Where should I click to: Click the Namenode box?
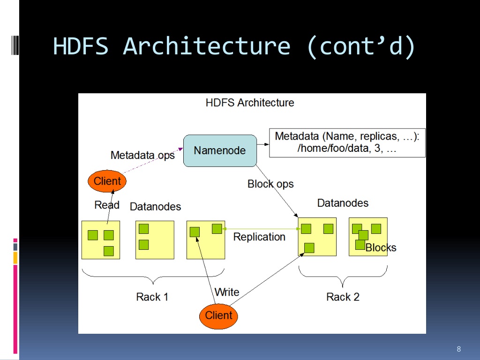[x=220, y=150]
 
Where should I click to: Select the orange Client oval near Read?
[x=107, y=181]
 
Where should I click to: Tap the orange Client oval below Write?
[x=218, y=316]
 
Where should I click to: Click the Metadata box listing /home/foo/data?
[x=347, y=142]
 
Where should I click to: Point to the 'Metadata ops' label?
[x=142, y=156]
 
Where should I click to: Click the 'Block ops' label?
[x=270, y=184]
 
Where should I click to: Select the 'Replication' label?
[x=259, y=237]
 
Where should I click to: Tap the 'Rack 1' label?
[x=152, y=297]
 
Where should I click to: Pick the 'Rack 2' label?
[x=343, y=297]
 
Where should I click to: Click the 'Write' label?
[x=227, y=292]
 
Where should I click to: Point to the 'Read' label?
[x=107, y=205]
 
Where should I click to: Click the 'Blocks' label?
[x=381, y=247]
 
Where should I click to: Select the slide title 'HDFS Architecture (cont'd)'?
[x=234, y=46]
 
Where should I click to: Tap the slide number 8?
[x=458, y=349]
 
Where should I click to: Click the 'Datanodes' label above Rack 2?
[x=343, y=203]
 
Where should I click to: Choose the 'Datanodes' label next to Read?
[x=155, y=207]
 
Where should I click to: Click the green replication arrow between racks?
[x=262, y=229]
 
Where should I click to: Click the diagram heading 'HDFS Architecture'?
[x=250, y=103]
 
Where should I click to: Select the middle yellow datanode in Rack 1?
[x=155, y=240]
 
